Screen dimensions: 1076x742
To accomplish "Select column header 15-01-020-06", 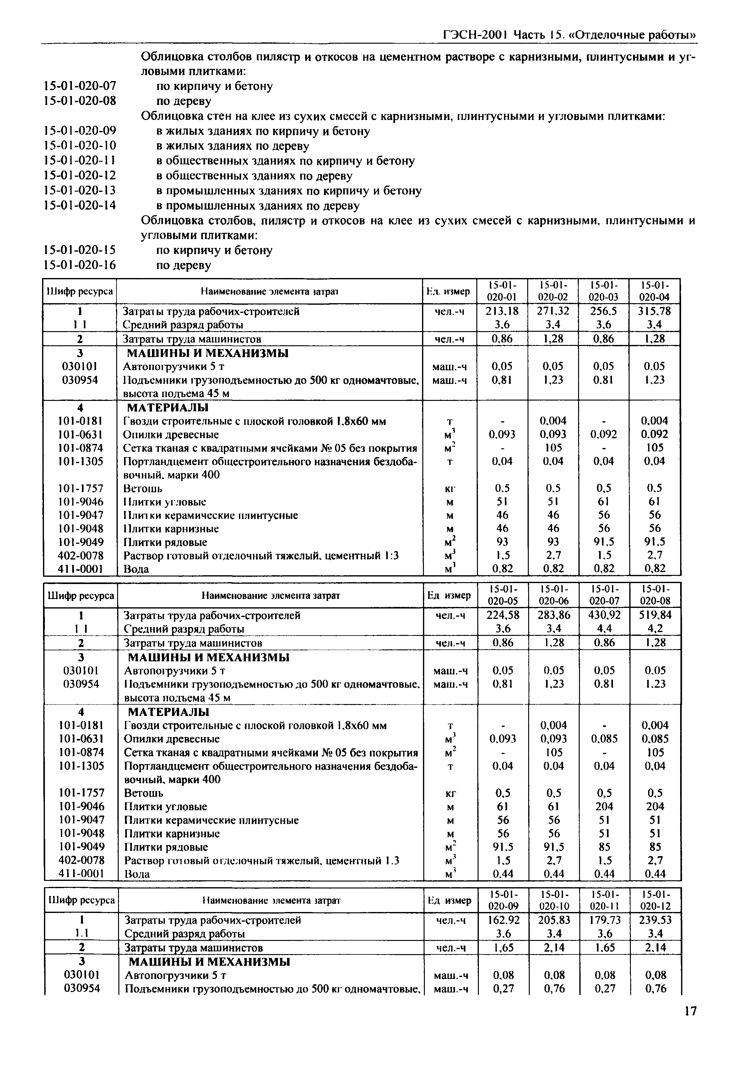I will point(554,595).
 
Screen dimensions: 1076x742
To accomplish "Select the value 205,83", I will point(554,920).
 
